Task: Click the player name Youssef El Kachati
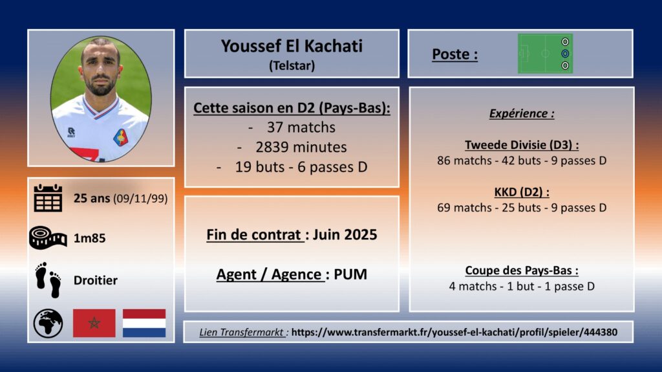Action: pyautogui.click(x=292, y=46)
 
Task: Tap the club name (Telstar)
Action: pyautogui.click(x=292, y=65)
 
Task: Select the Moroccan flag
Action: pyautogui.click(x=94, y=323)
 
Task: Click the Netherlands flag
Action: pyautogui.click(x=144, y=323)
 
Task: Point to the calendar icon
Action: pyautogui.click(x=48, y=198)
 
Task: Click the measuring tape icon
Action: pyautogui.click(x=48, y=237)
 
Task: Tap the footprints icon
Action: pyautogui.click(x=48, y=280)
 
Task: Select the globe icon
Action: pyautogui.click(x=48, y=323)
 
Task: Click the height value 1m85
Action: pyautogui.click(x=89, y=238)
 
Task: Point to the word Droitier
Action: pyautogui.click(x=96, y=280)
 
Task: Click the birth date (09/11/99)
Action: pyautogui.click(x=140, y=198)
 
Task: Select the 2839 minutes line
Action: pyautogui.click(x=301, y=147)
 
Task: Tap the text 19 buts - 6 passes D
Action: pyautogui.click(x=301, y=167)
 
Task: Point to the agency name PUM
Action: pyautogui.click(x=350, y=274)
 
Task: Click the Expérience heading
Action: pyautogui.click(x=522, y=113)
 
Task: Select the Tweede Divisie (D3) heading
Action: pyautogui.click(x=522, y=145)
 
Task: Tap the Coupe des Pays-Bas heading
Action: pyautogui.click(x=522, y=270)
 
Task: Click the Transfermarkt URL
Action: pyautogui.click(x=454, y=333)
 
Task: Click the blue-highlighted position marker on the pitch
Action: pyautogui.click(x=565, y=54)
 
